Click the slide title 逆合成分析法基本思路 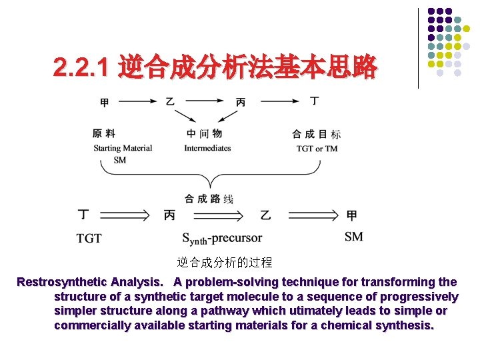point(247,67)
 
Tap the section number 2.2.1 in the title point(83,67)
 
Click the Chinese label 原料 point(104,134)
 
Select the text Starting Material point(123,148)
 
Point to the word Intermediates point(207,148)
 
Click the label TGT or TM point(317,148)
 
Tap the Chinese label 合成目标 point(316,134)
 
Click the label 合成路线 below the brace point(209,198)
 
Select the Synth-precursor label point(222,238)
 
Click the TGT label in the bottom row point(89,238)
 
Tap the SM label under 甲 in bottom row point(353,237)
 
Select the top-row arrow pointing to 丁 point(280,101)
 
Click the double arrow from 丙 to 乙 point(217,215)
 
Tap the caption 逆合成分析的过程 point(225,262)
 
